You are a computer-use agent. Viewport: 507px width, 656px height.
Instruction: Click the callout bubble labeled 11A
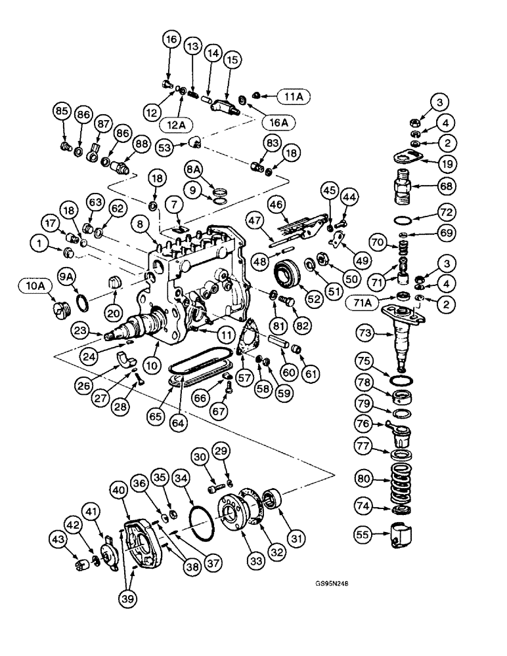click(x=293, y=96)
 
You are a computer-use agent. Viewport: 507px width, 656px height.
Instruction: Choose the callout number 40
click(x=118, y=489)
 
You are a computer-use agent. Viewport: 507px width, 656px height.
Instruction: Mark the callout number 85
click(x=62, y=111)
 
